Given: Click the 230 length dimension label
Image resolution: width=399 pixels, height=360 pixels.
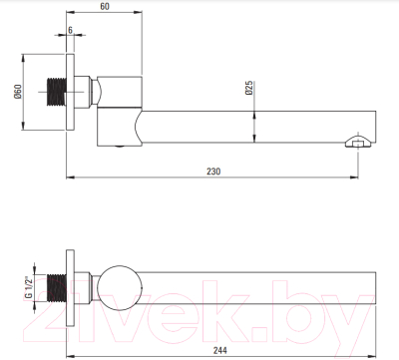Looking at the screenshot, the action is pos(213,172).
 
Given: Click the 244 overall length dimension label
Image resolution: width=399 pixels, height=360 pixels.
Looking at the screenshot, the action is pos(220,350).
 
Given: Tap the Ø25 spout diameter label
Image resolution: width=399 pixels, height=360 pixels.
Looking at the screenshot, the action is pos(249,88).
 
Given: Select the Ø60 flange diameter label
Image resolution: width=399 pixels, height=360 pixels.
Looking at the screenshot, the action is pos(18,92).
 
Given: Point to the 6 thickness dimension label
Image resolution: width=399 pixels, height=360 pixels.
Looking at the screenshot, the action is pos(70,30).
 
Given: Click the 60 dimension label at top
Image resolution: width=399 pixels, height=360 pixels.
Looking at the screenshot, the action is pos(105,6).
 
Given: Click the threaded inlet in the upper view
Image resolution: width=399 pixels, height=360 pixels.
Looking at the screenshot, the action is pos(57,92).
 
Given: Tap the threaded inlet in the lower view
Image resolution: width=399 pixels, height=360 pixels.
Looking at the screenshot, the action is pos(57,288).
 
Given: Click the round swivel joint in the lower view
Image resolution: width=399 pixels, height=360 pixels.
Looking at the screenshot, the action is pos(120,288).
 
